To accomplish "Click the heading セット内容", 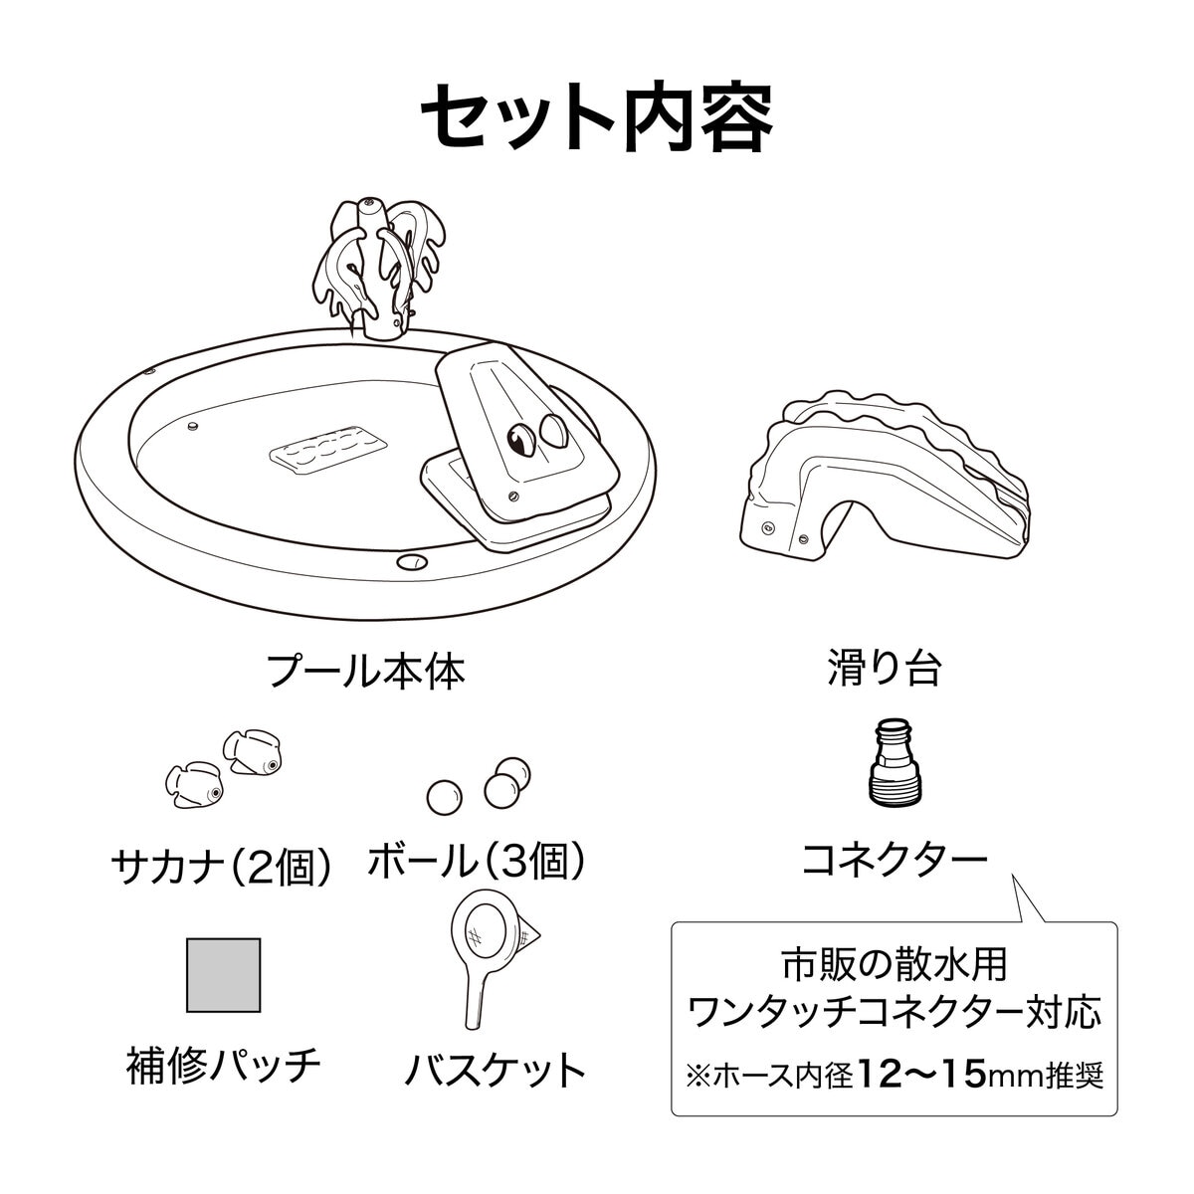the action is (597, 117).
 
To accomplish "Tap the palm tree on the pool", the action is (377, 270).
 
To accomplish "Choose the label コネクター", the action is (895, 860).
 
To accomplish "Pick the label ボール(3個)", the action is (478, 861).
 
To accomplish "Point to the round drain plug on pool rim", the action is (412, 562).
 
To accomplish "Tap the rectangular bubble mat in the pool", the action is (328, 451).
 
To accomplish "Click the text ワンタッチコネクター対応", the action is (895, 1013).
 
